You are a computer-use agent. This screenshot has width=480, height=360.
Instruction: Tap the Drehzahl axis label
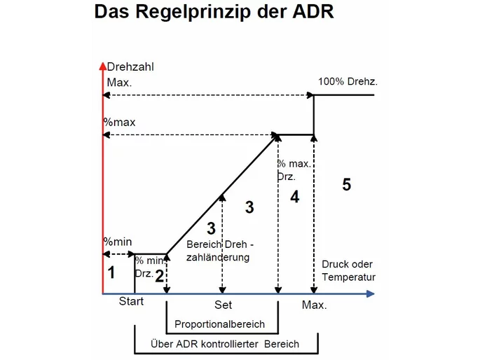pyautogui.click(x=130, y=67)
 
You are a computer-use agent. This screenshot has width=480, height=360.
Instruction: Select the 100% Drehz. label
pyautogui.click(x=348, y=81)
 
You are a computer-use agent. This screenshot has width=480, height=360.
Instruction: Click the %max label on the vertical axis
pyautogui.click(x=119, y=122)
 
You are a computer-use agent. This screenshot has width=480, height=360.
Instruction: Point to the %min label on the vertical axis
pyautogui.click(x=118, y=242)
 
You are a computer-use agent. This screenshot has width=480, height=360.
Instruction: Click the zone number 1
pyautogui.click(x=111, y=272)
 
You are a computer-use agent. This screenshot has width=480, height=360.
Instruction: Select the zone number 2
pyautogui.click(x=160, y=276)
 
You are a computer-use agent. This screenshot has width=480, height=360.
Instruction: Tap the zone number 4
pyautogui.click(x=294, y=197)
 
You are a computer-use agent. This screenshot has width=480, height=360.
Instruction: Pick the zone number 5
pyautogui.click(x=347, y=184)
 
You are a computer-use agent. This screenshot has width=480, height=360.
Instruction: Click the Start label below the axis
pyautogui.click(x=131, y=301)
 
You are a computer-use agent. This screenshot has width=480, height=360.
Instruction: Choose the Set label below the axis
pyautogui.click(x=223, y=305)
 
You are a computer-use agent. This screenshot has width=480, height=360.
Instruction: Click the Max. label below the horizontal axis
pyautogui.click(x=315, y=305)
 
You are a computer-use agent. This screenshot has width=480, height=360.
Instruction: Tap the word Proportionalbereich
pyautogui.click(x=219, y=324)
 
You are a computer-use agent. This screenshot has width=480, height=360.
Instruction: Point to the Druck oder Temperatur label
pyautogui.click(x=348, y=270)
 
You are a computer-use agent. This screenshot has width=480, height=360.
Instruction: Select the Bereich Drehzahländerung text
pyautogui.click(x=220, y=251)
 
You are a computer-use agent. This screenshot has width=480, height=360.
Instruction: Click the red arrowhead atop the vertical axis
pyautogui.click(x=103, y=66)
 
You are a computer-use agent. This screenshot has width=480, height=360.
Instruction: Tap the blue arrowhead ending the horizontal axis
pyautogui.click(x=371, y=294)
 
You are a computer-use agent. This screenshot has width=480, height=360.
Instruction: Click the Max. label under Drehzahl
pyautogui.click(x=119, y=82)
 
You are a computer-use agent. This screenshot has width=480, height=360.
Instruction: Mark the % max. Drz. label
pyautogui.click(x=294, y=170)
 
